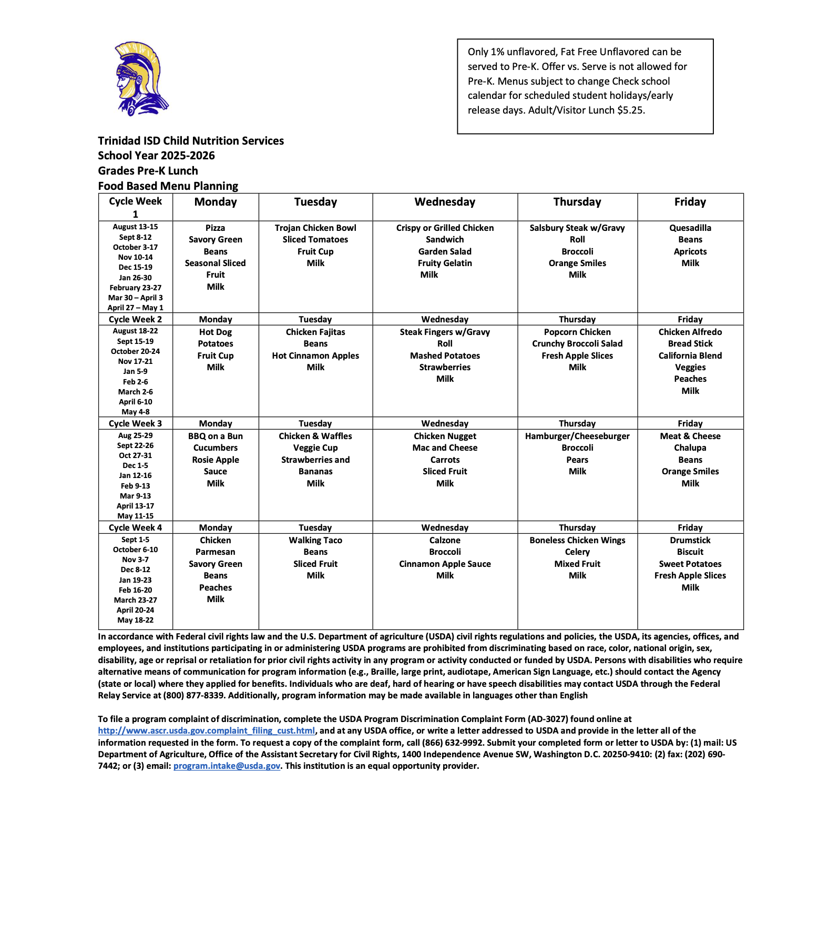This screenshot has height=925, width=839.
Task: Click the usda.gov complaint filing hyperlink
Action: tap(206, 730)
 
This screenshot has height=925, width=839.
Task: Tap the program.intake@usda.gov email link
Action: tap(227, 766)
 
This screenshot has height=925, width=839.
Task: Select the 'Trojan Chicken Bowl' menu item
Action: tap(315, 228)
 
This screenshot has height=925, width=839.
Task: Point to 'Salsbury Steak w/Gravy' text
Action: tap(577, 228)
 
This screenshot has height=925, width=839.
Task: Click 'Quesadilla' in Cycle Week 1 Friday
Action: tap(690, 228)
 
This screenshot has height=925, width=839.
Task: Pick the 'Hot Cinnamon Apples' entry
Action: tap(315, 355)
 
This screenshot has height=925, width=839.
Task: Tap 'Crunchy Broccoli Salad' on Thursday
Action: tap(577, 343)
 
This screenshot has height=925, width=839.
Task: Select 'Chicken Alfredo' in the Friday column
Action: tap(690, 332)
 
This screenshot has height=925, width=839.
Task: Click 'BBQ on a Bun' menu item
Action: tap(216, 436)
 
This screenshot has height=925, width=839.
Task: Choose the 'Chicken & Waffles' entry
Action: tap(315, 436)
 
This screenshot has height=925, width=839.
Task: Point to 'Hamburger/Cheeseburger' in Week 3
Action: tap(577, 436)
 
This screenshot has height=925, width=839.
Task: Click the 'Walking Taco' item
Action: tap(315, 540)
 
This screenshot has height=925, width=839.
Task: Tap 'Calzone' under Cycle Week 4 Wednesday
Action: tap(445, 540)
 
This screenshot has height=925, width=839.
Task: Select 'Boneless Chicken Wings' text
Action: tap(577, 540)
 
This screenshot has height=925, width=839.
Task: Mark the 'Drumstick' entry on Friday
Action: tap(690, 540)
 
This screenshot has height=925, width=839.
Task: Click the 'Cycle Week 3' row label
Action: tap(135, 423)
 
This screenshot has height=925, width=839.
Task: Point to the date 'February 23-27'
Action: tap(135, 288)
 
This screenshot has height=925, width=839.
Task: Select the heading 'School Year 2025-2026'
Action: tap(156, 156)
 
